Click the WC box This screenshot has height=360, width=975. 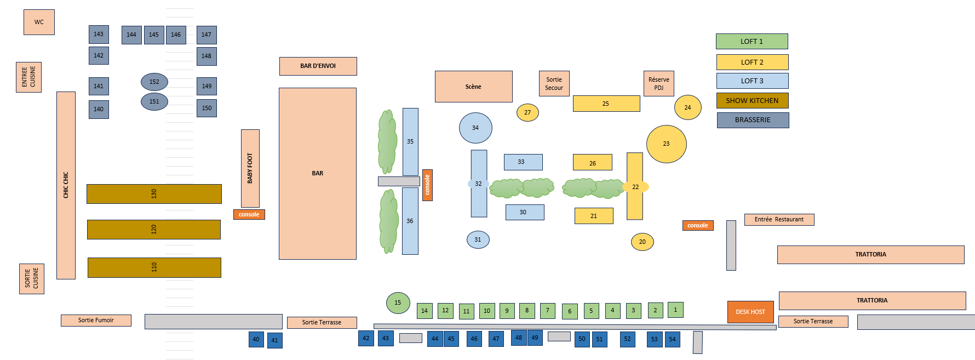(x=39, y=22)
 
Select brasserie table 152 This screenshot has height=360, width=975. (x=154, y=82)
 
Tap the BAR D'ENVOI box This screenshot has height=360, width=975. (x=318, y=66)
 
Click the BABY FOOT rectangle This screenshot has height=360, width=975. (x=250, y=168)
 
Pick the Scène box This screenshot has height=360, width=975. (x=473, y=87)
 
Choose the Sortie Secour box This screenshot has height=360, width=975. (x=554, y=83)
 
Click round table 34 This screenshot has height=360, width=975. (x=475, y=128)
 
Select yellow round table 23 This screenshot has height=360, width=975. (x=666, y=144)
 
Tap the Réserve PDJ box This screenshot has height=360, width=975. (x=658, y=83)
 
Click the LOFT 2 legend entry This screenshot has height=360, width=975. (x=752, y=62)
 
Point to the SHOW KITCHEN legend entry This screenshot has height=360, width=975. (x=752, y=100)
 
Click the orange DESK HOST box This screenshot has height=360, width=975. (x=750, y=312)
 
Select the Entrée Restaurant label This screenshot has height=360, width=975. (x=779, y=219)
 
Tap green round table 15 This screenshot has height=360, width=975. (x=398, y=302)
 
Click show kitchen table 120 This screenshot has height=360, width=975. (x=154, y=230)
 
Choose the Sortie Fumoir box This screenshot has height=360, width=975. (x=96, y=320)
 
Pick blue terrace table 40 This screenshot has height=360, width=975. (x=256, y=339)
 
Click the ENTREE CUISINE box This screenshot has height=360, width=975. (x=28, y=77)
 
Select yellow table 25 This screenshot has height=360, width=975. (x=606, y=104)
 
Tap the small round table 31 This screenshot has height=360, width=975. (x=478, y=239)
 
